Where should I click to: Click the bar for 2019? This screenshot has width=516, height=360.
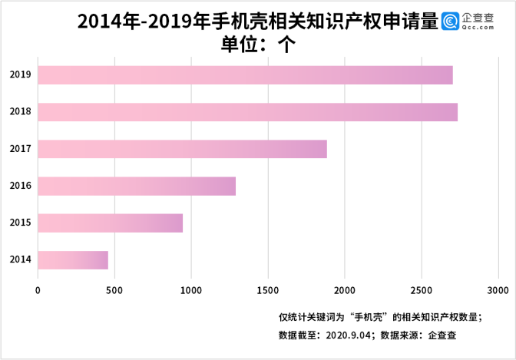tap(245, 75)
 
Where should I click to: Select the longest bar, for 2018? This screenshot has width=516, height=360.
tap(247, 112)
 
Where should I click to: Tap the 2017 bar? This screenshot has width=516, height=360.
tap(182, 149)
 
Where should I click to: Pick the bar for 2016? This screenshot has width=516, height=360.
tap(137, 186)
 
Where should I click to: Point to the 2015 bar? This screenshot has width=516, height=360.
tap(110, 223)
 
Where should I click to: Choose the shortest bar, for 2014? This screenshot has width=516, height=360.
tap(73, 259)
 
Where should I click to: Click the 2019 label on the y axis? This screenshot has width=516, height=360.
tap(20, 75)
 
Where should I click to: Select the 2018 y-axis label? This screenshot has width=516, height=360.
tap(20, 112)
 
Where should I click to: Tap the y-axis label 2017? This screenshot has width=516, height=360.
tap(20, 149)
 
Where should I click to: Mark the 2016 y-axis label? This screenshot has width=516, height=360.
tap(20, 186)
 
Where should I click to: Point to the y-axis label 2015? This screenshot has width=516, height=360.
tap(20, 223)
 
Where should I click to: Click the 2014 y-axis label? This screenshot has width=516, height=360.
tap(20, 259)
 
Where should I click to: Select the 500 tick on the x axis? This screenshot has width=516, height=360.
tap(114, 289)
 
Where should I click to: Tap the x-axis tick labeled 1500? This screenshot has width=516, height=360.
tap(268, 289)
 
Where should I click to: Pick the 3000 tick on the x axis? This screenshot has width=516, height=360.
tap(498, 289)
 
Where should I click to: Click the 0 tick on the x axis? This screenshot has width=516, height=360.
tap(38, 289)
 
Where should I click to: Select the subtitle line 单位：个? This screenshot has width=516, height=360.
tap(258, 45)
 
